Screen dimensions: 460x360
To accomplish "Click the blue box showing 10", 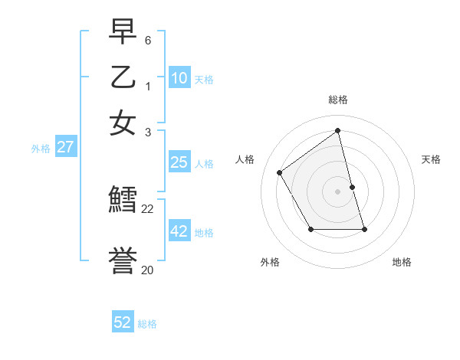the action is coord(179,78).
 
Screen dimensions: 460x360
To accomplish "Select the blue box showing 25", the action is coord(179,162).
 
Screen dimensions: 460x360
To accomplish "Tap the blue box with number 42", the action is coord(179,231).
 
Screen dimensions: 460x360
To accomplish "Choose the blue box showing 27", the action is coord(65,147).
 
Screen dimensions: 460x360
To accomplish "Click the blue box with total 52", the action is coord(123,322).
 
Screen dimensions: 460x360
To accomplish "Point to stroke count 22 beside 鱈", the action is coord(148,208).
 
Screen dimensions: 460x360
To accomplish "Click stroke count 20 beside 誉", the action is coord(147,270).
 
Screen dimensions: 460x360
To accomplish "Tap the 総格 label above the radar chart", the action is coord(338,100).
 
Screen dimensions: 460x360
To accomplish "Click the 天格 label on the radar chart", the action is coord(431,159).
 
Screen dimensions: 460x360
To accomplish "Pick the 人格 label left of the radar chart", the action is coord(245,159).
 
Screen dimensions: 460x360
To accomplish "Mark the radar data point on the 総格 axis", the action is coord(338,131).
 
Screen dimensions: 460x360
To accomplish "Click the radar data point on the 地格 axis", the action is coord(364,229).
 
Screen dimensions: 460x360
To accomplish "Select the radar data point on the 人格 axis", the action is coord(280,173).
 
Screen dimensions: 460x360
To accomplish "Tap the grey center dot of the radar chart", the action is coord(338,191).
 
